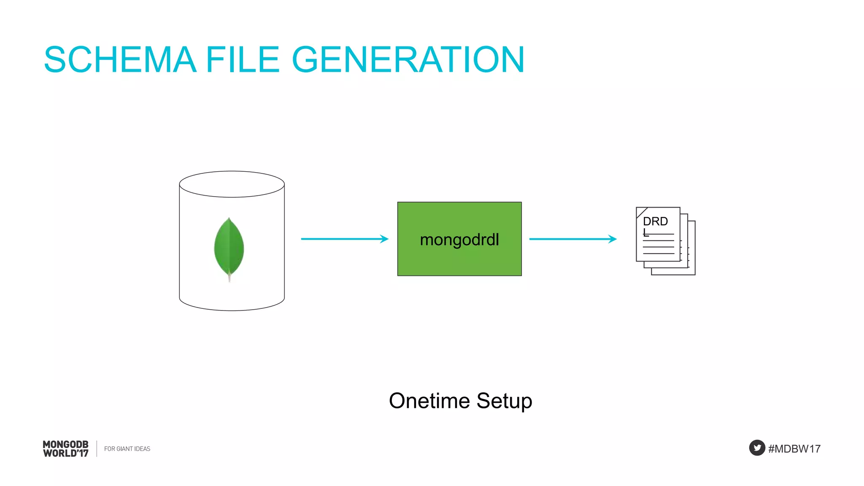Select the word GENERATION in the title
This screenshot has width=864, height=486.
[408, 60]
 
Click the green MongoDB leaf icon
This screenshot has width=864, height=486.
[229, 247]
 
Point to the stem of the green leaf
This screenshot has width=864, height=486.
[229, 278]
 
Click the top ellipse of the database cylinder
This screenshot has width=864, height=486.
[232, 184]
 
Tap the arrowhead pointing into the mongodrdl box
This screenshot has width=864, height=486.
[384, 239]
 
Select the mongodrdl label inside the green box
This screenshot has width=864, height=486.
[459, 240]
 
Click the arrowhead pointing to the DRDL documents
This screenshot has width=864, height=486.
[613, 239]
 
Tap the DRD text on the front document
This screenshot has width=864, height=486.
[655, 221]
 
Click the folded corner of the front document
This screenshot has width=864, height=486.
[640, 211]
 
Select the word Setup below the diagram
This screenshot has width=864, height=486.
[504, 401]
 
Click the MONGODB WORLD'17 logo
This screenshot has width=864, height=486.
[66, 449]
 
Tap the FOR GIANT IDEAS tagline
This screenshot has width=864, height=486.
[127, 449]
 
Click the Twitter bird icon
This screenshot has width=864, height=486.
[757, 448]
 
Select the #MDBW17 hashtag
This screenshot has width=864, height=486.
[794, 449]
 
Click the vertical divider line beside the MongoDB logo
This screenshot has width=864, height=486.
[97, 448]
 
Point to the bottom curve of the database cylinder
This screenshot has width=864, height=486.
[232, 310]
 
